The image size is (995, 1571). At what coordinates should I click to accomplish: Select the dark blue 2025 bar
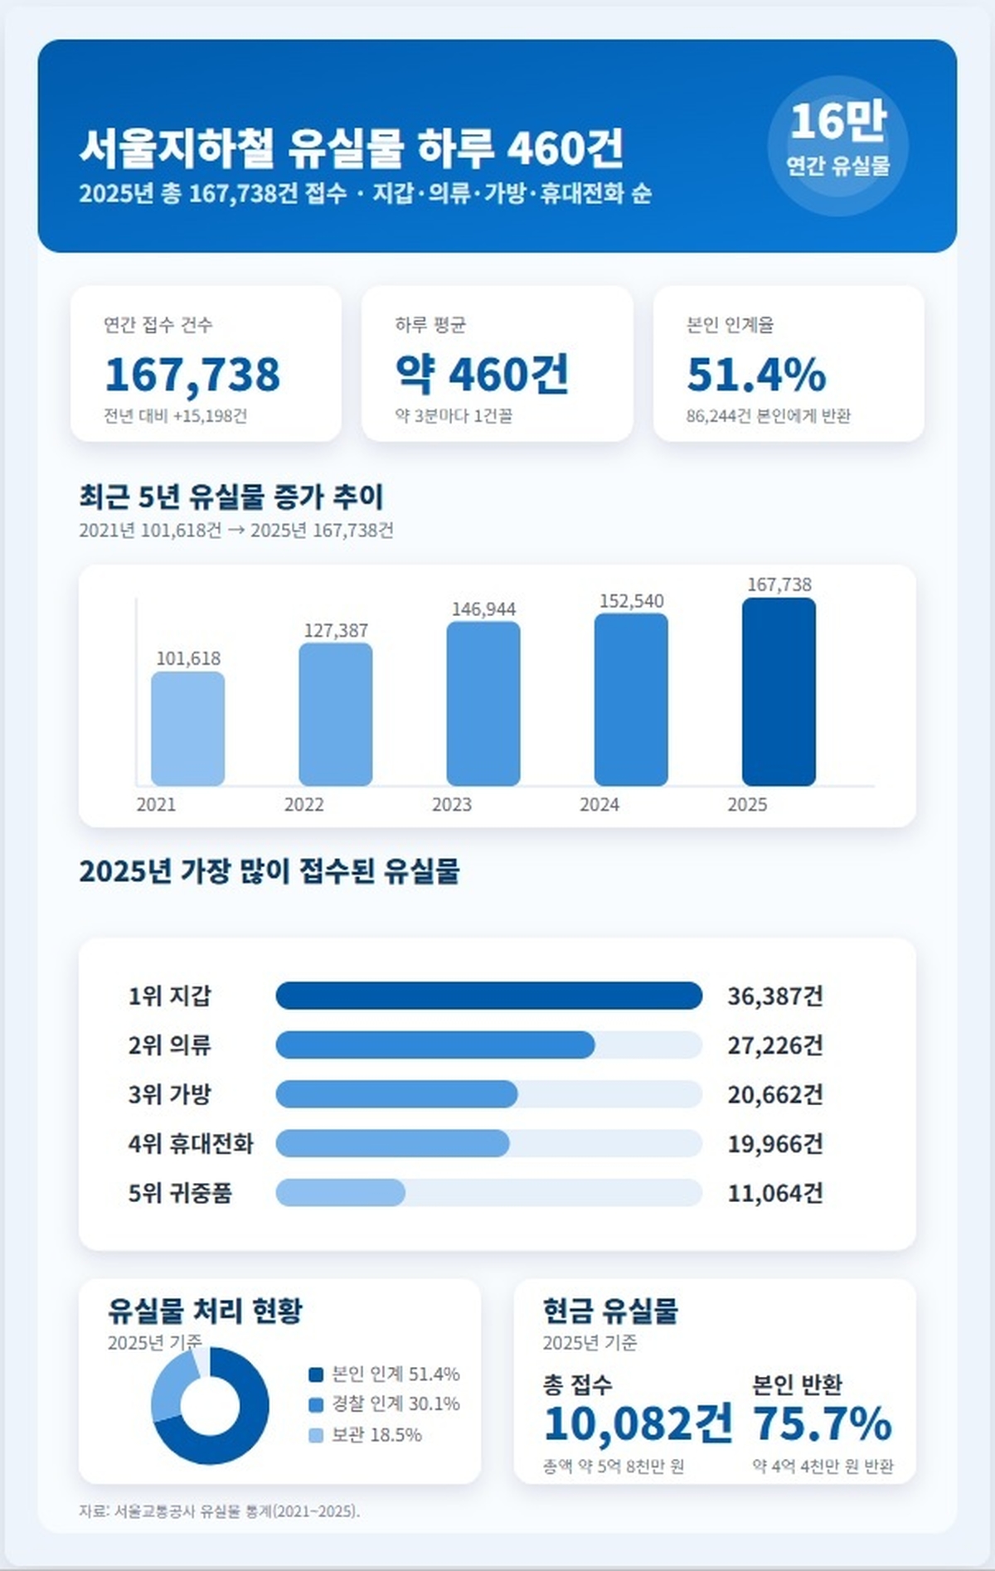coord(779,691)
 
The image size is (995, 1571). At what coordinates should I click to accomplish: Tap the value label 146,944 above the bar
coord(483,609)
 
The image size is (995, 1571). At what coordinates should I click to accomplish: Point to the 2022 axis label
coord(304,804)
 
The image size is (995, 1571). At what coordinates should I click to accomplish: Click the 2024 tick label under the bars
coord(599,804)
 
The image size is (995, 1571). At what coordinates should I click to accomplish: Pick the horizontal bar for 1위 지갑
coord(488,996)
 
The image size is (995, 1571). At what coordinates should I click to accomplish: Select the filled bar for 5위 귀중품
coord(340,1193)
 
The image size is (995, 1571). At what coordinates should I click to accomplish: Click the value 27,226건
coord(775,1045)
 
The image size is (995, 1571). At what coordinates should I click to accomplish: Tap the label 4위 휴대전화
coord(191,1144)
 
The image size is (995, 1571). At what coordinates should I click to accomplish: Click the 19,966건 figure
coord(775,1144)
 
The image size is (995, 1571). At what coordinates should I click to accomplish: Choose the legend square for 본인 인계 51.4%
coord(316,1375)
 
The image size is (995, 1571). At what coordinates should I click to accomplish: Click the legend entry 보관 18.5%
coord(376,1435)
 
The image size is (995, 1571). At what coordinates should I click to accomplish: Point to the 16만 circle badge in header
coord(837,146)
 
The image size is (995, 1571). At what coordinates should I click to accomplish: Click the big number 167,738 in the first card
coord(192,374)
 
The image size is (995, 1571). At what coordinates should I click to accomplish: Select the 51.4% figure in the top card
coord(756,374)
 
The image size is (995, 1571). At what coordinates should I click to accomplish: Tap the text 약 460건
coord(482,374)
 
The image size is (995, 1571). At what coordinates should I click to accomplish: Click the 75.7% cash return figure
coord(822,1424)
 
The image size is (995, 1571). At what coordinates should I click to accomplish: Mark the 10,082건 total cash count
coord(638,1424)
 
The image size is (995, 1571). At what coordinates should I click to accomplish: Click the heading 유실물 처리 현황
coord(205,1311)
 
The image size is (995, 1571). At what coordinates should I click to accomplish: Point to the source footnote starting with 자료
coord(220,1511)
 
